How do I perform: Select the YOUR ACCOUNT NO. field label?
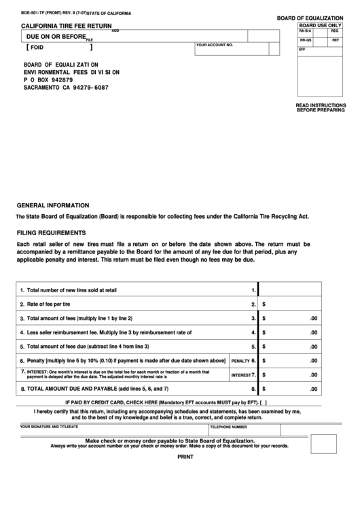[215, 45]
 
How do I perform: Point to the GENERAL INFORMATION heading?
[52, 205]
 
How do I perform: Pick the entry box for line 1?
[289, 289]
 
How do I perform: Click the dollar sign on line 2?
[264, 304]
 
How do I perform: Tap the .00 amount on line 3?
[313, 318]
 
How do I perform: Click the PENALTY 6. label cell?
[243, 360]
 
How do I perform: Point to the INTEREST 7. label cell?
[243, 374]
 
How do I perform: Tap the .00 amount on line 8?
[313, 389]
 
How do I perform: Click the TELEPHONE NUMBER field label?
[228, 427]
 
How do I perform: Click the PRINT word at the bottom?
[185, 457]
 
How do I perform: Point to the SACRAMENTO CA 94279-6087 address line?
[66, 88]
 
